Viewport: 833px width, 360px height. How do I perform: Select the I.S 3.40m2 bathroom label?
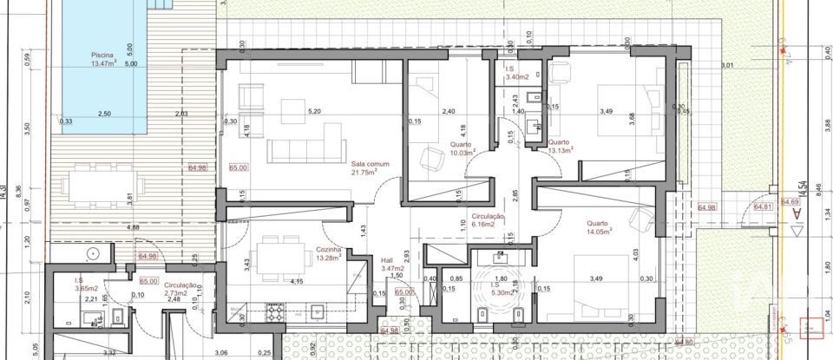(518, 73)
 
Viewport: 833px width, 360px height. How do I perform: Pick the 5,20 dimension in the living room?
(315, 112)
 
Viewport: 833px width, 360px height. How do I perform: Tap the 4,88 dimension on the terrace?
(109, 227)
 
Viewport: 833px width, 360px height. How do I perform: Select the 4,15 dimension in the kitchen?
(297, 281)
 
